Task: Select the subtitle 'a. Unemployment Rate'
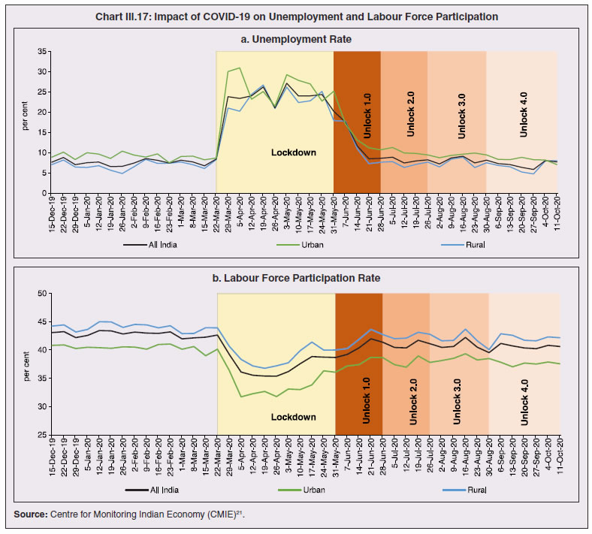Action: [295, 38]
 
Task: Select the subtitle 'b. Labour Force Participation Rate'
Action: [295, 278]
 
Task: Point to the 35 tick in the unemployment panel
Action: [42, 52]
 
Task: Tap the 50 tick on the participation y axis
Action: [42, 294]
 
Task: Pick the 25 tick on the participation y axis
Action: [42, 435]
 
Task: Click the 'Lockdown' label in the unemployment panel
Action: [294, 152]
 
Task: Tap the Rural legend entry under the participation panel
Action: [473, 489]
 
